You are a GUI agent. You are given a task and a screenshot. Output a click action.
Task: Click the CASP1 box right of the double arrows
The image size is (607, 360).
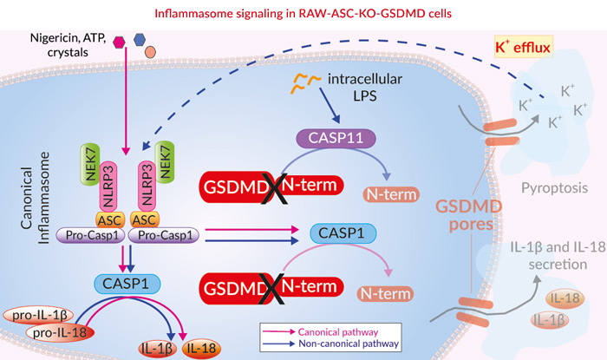(337, 232)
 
